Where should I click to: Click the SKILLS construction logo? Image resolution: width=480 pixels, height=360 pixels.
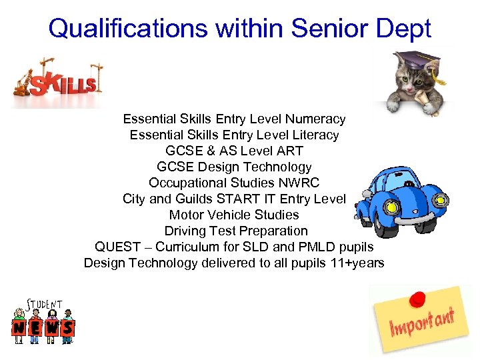point(59,81)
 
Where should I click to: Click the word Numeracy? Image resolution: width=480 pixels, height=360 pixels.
point(315,119)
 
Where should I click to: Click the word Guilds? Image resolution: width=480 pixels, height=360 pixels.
point(195,199)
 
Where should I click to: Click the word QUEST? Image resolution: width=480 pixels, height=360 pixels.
point(117,247)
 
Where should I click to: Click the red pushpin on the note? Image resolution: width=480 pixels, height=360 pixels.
point(418,298)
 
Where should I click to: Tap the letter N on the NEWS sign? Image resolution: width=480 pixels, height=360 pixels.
point(21,327)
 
